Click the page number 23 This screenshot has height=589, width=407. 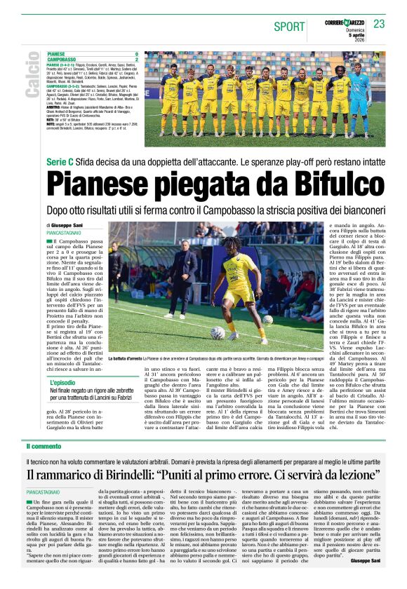(380, 25)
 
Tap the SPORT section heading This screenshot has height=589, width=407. (290, 27)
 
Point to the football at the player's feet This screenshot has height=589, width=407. (218, 332)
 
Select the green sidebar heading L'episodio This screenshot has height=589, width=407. (64, 382)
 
